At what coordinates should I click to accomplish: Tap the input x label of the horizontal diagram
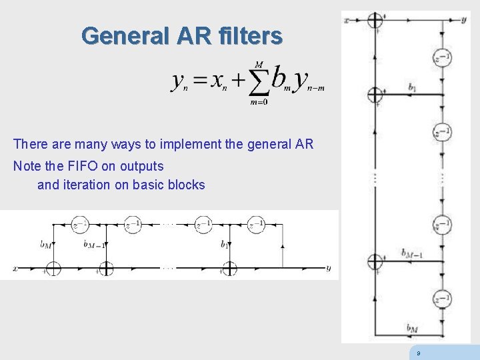pyautogui.click(x=14, y=269)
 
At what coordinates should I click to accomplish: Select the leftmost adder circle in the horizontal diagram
pyautogui.click(x=52, y=269)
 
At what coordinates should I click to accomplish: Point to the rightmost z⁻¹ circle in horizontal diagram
pyautogui.click(x=256, y=225)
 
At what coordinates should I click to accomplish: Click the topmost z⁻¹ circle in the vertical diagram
pyautogui.click(x=441, y=58)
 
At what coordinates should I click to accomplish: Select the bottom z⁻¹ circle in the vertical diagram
pyautogui.click(x=441, y=300)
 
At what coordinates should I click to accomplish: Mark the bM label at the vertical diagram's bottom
pyautogui.click(x=412, y=327)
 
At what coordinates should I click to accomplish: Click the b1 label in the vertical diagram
pyautogui.click(x=412, y=87)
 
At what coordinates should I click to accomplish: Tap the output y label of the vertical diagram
pyautogui.click(x=463, y=20)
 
